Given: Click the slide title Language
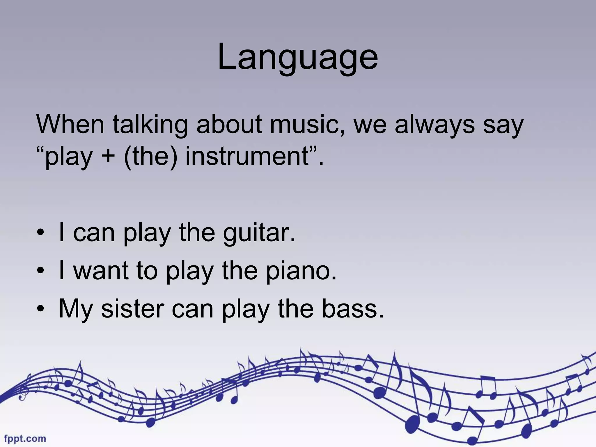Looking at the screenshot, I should [x=298, y=57].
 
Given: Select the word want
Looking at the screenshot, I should [x=101, y=271].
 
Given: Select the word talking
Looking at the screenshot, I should [x=150, y=125].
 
